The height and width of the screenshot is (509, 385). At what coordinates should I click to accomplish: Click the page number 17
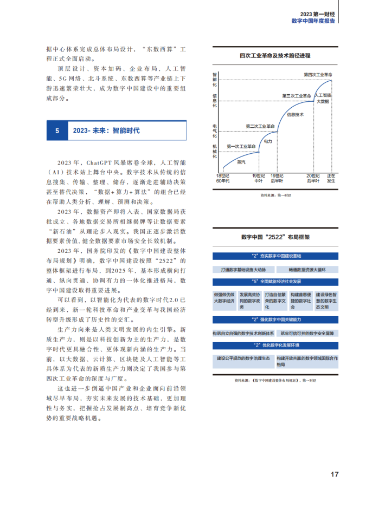335,474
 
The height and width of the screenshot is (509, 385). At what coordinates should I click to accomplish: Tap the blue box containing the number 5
57,131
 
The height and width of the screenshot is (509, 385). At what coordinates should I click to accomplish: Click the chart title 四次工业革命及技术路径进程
275,55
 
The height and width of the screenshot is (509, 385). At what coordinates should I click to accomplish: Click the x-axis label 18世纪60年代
223,178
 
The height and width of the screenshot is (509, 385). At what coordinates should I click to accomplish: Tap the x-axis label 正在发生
331,178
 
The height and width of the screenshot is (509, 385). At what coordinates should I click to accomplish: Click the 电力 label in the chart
267,141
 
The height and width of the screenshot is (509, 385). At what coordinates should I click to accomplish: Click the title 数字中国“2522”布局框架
275,237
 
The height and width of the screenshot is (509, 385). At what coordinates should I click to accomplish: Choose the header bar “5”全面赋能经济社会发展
275,282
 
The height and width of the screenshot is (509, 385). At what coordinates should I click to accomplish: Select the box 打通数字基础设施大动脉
244,269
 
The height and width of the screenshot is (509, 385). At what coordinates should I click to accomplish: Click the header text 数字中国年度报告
313,21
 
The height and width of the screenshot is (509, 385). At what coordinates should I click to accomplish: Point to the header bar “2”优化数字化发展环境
275,345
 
